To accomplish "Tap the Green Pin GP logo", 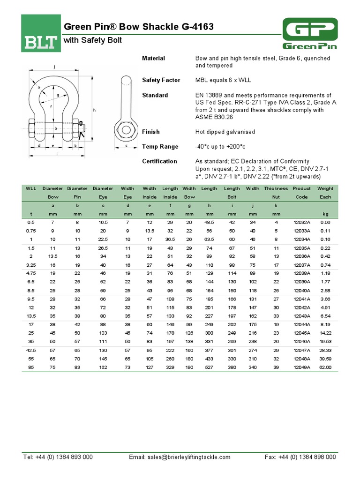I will click(x=310, y=33).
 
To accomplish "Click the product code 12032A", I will click(x=301, y=222).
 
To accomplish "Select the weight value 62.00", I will click(x=325, y=367).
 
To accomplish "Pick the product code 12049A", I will click(x=301, y=367).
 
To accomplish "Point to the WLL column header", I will click(x=31, y=188).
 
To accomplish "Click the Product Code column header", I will click(x=301, y=193).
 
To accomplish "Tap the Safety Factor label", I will click(x=161, y=80).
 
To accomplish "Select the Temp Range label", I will click(x=160, y=147).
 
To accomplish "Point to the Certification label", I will click(x=159, y=161).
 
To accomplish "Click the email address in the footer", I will click(x=180, y=457).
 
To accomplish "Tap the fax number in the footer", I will click(x=300, y=457).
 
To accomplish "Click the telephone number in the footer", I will click(x=58, y=457).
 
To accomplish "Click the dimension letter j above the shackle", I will click(x=54, y=67).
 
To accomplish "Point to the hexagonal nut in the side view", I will click(x=125, y=129).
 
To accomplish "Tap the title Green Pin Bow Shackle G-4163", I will click(x=138, y=27).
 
